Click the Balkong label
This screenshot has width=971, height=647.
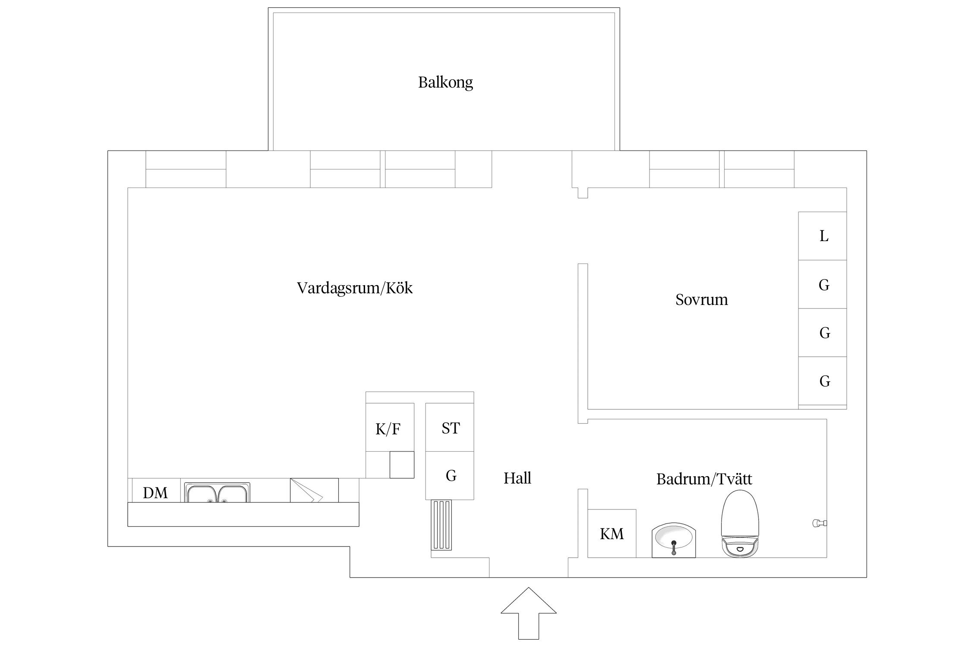(x=445, y=82)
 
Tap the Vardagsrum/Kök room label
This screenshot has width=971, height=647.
(x=355, y=288)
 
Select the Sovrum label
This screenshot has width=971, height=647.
(x=701, y=299)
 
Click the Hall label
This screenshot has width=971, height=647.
(x=517, y=478)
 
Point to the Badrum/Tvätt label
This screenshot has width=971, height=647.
(x=704, y=479)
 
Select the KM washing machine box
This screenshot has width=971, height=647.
(x=612, y=534)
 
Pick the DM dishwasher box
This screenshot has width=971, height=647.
(x=155, y=492)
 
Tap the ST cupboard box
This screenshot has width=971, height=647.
(x=450, y=427)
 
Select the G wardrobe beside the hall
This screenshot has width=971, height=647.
(x=450, y=475)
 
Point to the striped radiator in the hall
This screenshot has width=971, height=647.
(x=441, y=525)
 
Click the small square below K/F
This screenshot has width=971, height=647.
(x=402, y=465)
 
